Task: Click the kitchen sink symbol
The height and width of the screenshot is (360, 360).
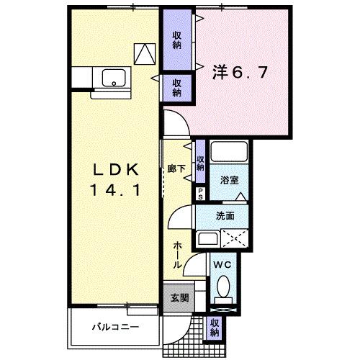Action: click(x=113, y=77)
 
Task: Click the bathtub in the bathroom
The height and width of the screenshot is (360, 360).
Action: click(x=231, y=153)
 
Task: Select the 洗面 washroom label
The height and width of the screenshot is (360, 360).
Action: click(x=225, y=215)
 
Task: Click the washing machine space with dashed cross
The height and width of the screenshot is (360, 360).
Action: click(x=235, y=239)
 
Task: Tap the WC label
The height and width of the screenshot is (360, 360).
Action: click(x=222, y=265)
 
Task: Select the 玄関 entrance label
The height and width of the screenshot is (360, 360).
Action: click(x=179, y=297)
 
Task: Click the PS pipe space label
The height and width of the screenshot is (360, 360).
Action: click(x=201, y=193)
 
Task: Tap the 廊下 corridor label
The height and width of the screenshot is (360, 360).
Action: click(x=176, y=167)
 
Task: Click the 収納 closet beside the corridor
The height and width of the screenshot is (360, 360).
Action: click(x=201, y=153)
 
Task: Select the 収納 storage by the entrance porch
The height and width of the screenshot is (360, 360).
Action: click(x=215, y=328)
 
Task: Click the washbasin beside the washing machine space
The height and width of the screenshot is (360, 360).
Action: click(x=207, y=239)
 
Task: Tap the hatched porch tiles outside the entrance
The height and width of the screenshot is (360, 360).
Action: click(x=184, y=338)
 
